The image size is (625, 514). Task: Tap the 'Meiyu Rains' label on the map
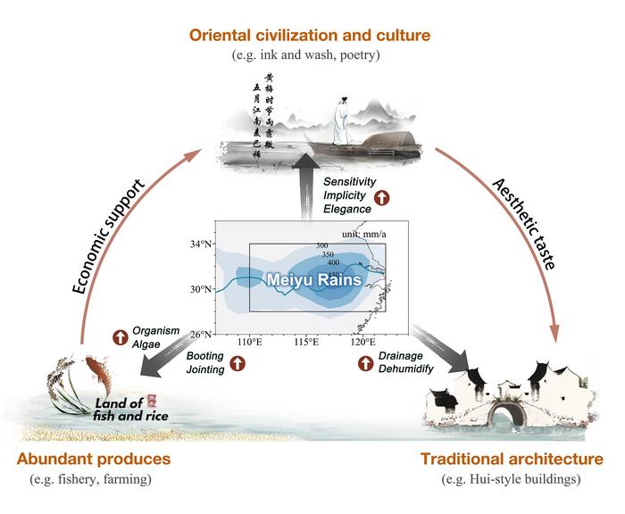(x=312, y=279)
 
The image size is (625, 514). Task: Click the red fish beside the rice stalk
(x=93, y=367)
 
